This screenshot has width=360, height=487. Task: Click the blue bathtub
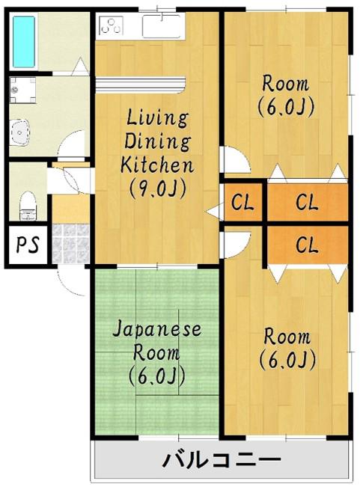pos(24,42)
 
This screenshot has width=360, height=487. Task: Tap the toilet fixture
pos(28,206)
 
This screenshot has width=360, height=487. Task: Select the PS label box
pos(28,245)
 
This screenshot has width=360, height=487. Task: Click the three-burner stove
pos(112,25)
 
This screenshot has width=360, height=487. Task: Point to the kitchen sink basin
pos(162,26)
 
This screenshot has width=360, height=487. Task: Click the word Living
pos(157,118)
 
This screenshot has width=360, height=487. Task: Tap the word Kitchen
pos(157,165)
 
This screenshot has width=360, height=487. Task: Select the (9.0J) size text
pos(158,189)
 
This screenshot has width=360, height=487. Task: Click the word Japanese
pos(157,330)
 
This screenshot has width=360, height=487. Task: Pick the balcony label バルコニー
pos(222,460)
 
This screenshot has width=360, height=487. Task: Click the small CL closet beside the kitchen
pos(243,202)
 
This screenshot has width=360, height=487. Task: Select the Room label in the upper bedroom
pos(286,84)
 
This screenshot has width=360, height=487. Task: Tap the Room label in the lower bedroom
pos(287,337)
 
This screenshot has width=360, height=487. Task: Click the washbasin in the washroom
pos(19,132)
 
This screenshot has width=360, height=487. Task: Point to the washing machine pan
pos(22,90)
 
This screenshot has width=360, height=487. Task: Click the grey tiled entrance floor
pos(70,244)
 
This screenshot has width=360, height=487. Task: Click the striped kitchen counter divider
pos(140,85)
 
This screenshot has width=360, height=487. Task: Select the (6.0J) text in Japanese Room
pos(157,376)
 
